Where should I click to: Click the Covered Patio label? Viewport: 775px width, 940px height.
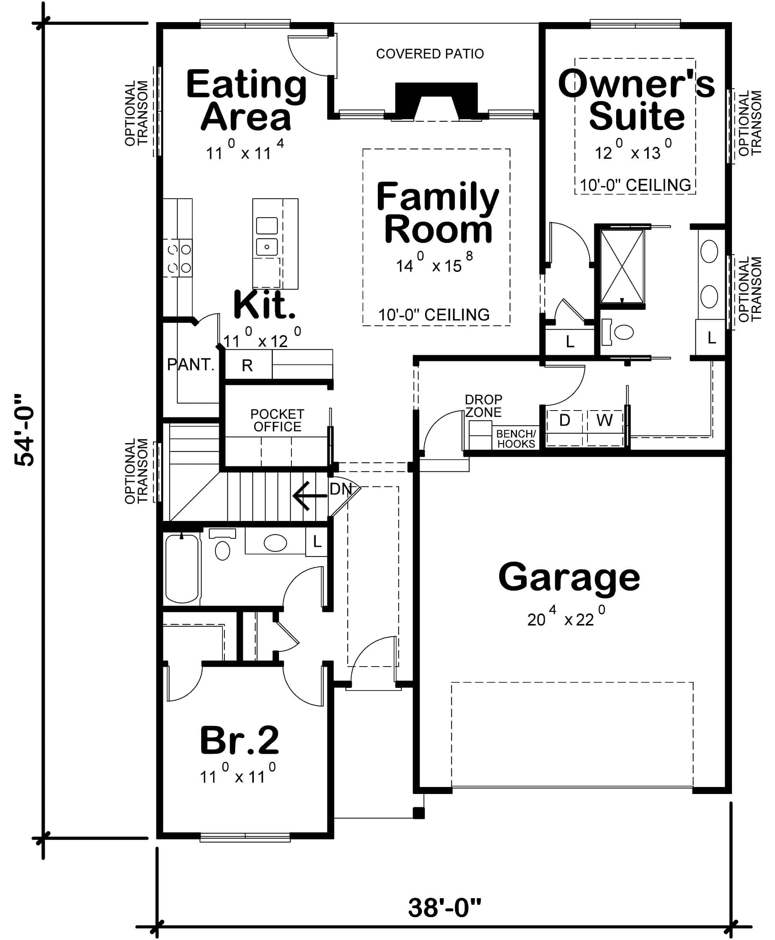pyautogui.click(x=429, y=54)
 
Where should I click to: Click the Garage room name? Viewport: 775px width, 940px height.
pyautogui.click(x=569, y=578)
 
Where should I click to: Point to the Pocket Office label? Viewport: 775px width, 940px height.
pyautogui.click(x=277, y=420)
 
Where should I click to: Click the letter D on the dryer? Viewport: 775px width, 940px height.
pyautogui.click(x=564, y=420)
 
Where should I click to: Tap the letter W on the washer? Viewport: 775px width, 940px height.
pyautogui.click(x=604, y=420)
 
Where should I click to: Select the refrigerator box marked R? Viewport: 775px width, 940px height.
pyautogui.click(x=247, y=365)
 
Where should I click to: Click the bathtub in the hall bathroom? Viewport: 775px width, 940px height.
pyautogui.click(x=182, y=569)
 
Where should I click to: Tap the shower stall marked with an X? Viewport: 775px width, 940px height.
pyautogui.click(x=622, y=266)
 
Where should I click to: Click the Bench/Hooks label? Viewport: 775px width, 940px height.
pyautogui.click(x=516, y=438)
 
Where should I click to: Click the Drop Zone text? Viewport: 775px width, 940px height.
pyautogui.click(x=483, y=406)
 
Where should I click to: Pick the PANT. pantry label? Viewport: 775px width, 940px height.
pyautogui.click(x=191, y=365)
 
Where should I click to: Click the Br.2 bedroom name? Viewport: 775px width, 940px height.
pyautogui.click(x=239, y=741)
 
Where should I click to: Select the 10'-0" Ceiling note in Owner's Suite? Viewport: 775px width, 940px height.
pyautogui.click(x=635, y=185)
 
